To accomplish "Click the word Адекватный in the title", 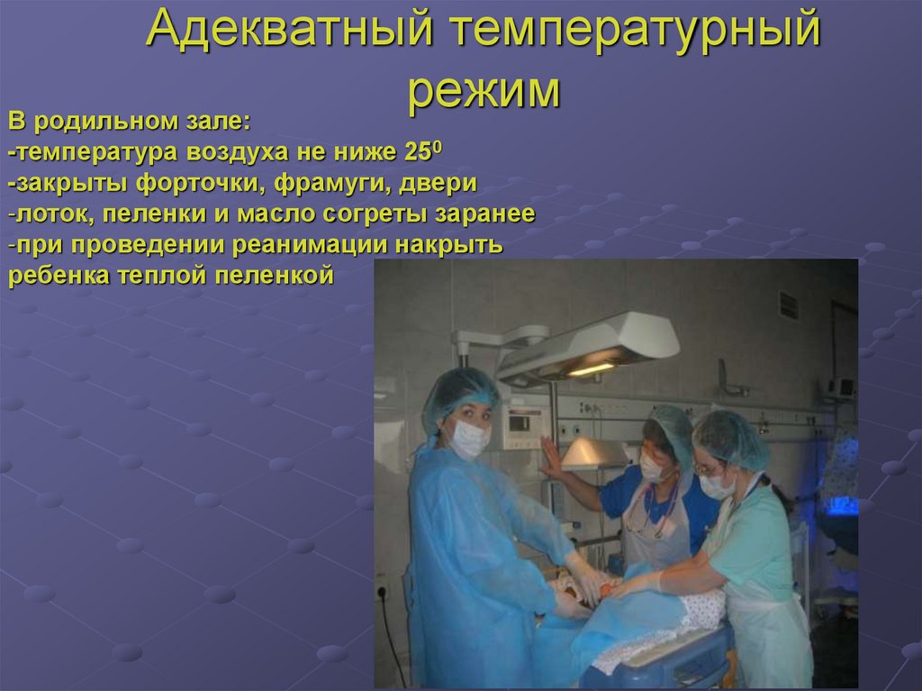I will pyautogui.click(x=292, y=32).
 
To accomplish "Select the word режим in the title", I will pyautogui.click(x=483, y=89).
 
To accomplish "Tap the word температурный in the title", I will pyautogui.click(x=636, y=32).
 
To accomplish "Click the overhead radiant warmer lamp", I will pyautogui.click(x=590, y=347).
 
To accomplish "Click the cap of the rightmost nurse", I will pyautogui.click(x=731, y=437).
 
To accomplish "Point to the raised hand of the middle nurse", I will pyautogui.click(x=549, y=458).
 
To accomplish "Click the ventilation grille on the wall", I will pyautogui.click(x=789, y=305).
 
